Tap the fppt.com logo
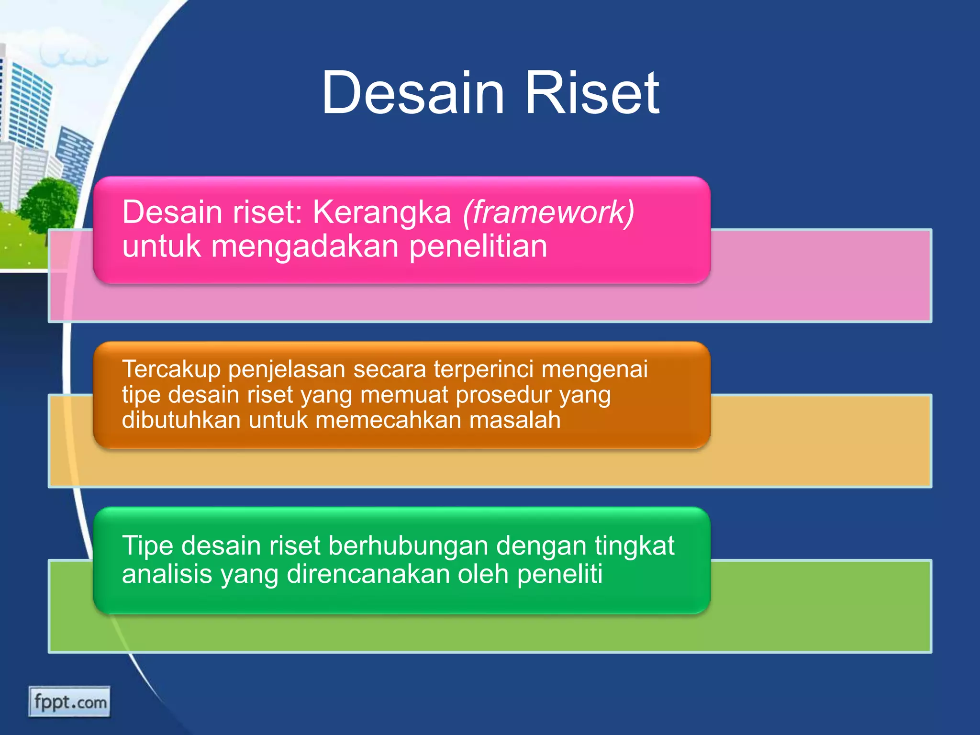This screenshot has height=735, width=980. pyautogui.click(x=69, y=702)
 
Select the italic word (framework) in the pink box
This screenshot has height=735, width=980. pyautogui.click(x=548, y=212)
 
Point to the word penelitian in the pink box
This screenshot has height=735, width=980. pyautogui.click(x=478, y=246)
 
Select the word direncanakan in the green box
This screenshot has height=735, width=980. pyautogui.click(x=368, y=574)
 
